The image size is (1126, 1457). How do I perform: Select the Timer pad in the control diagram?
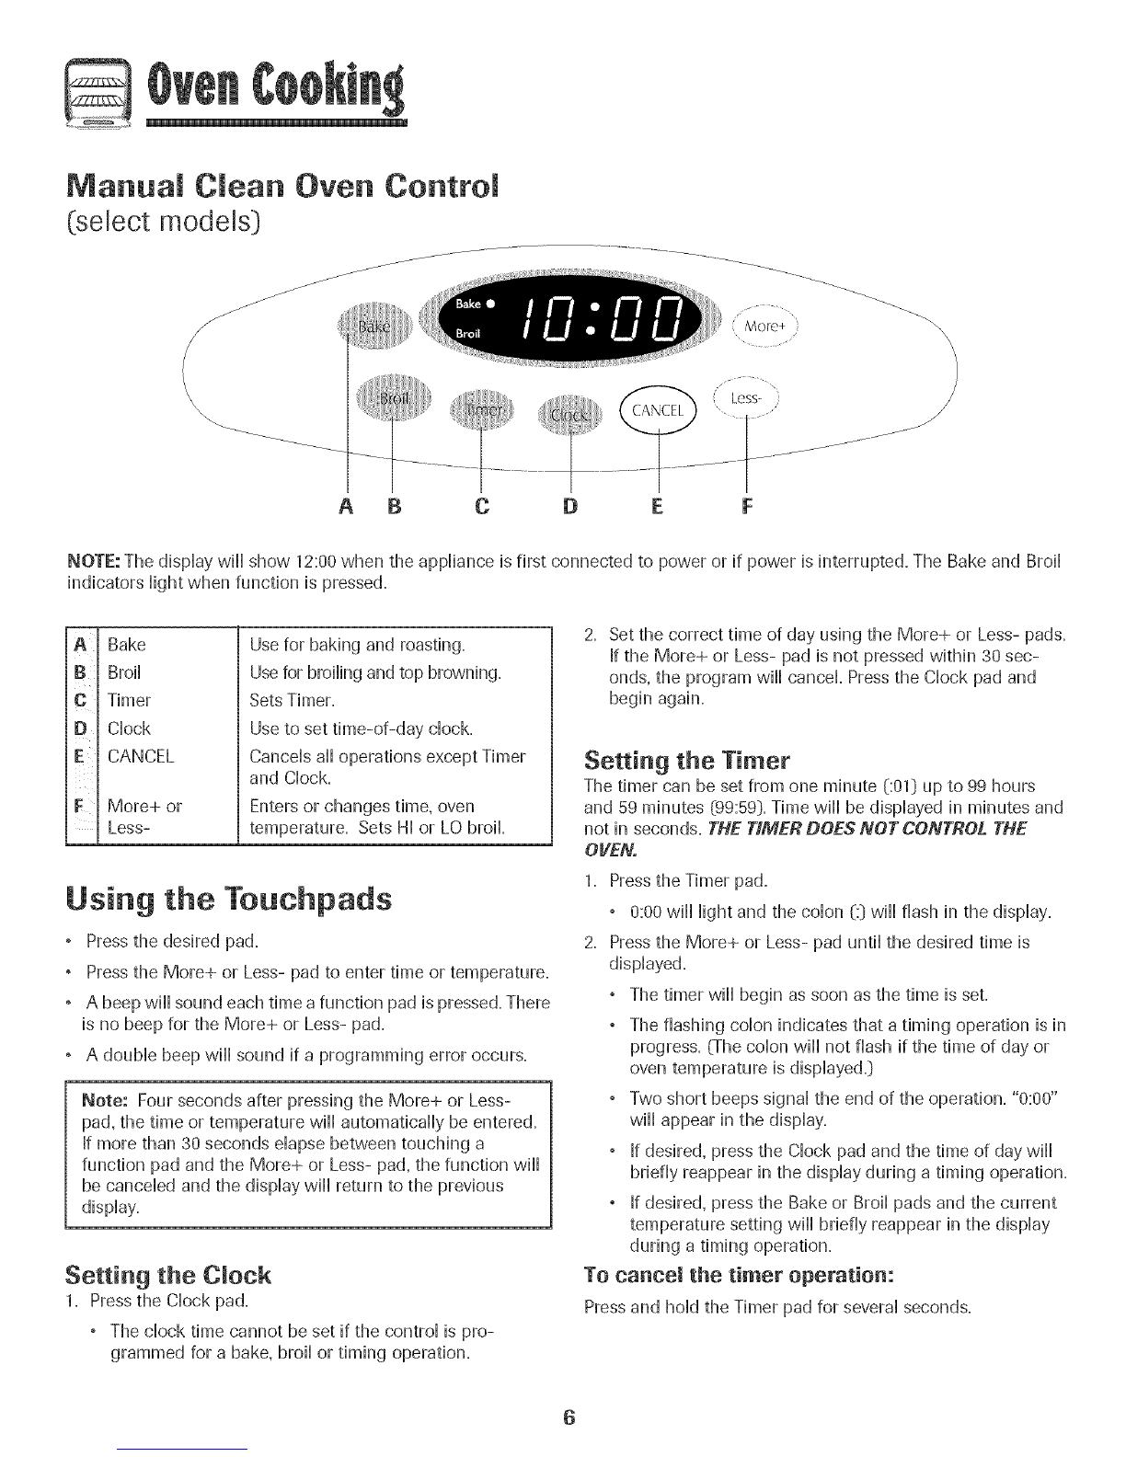(480, 408)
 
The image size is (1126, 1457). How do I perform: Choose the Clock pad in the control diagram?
(570, 413)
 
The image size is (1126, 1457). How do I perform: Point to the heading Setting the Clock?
(168, 1276)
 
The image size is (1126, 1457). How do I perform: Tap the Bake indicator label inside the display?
(470, 304)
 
